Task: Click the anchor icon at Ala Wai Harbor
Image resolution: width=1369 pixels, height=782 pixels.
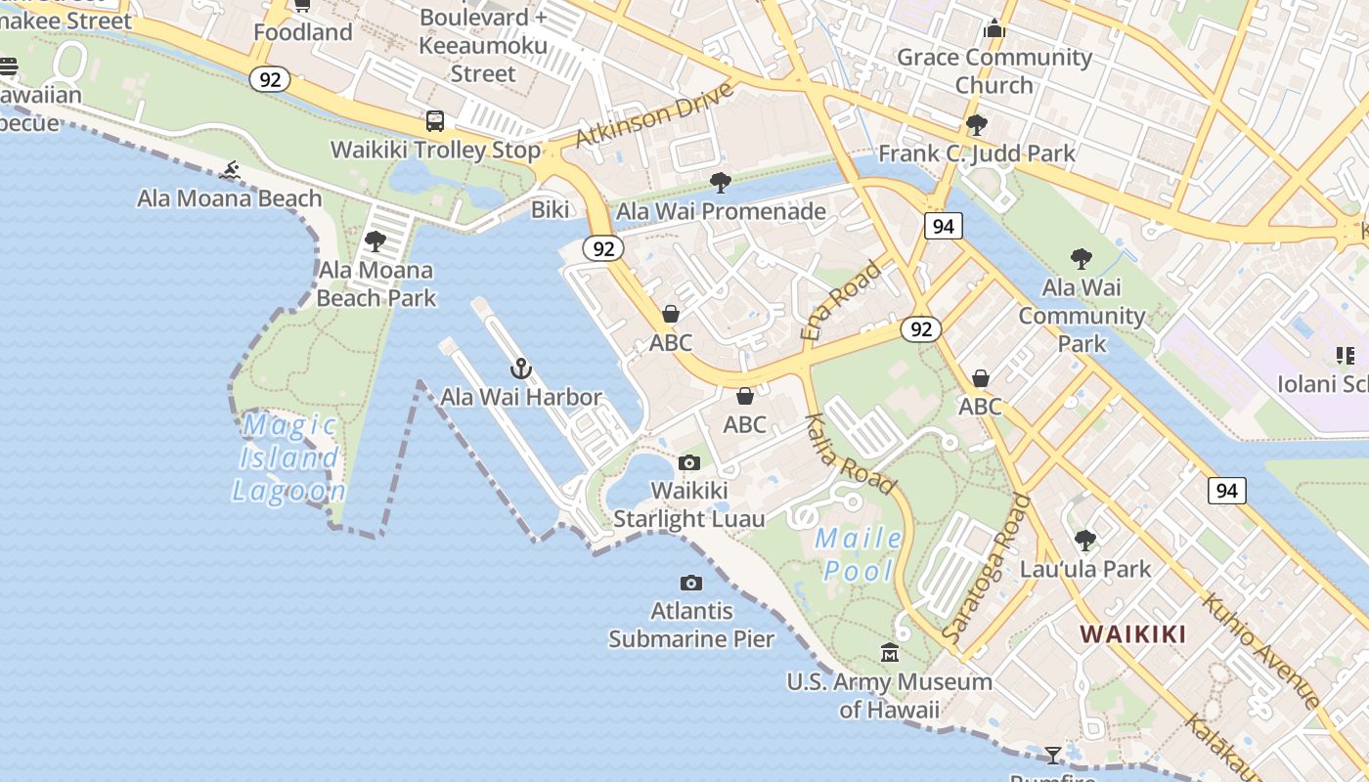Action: pyautogui.click(x=521, y=369)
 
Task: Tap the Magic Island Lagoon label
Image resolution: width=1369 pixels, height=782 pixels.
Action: pyautogui.click(x=289, y=457)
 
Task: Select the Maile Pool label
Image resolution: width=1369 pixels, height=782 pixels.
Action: pyautogui.click(x=859, y=554)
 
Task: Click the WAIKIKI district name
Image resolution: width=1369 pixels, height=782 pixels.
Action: pyautogui.click(x=1132, y=633)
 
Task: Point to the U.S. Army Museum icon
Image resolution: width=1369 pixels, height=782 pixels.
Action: pyautogui.click(x=890, y=652)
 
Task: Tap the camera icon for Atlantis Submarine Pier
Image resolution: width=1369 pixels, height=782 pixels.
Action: pyautogui.click(x=691, y=583)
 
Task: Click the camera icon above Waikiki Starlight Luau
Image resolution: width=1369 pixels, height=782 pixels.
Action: pyautogui.click(x=689, y=462)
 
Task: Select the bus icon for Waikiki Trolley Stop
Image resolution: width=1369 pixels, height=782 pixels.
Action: pyautogui.click(x=435, y=121)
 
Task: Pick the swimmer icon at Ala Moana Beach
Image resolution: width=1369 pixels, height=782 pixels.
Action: pyautogui.click(x=230, y=171)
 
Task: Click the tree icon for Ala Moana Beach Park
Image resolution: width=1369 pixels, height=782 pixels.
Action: pyautogui.click(x=375, y=241)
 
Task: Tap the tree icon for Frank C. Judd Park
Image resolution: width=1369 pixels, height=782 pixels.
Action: pyautogui.click(x=976, y=125)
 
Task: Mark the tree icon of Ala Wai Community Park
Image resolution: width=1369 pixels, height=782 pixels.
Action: pyautogui.click(x=1081, y=259)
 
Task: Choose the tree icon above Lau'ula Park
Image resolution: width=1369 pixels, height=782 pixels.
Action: pyautogui.click(x=1084, y=540)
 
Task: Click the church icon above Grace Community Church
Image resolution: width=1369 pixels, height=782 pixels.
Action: pyautogui.click(x=994, y=28)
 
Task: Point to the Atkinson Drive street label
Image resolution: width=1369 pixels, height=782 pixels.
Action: pyautogui.click(x=653, y=115)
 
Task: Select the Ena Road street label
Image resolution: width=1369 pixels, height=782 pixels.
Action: pyautogui.click(x=840, y=299)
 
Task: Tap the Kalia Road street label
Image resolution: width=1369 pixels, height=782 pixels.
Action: pyautogui.click(x=850, y=454)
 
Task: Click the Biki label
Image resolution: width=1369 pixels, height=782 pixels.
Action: pyautogui.click(x=550, y=209)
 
